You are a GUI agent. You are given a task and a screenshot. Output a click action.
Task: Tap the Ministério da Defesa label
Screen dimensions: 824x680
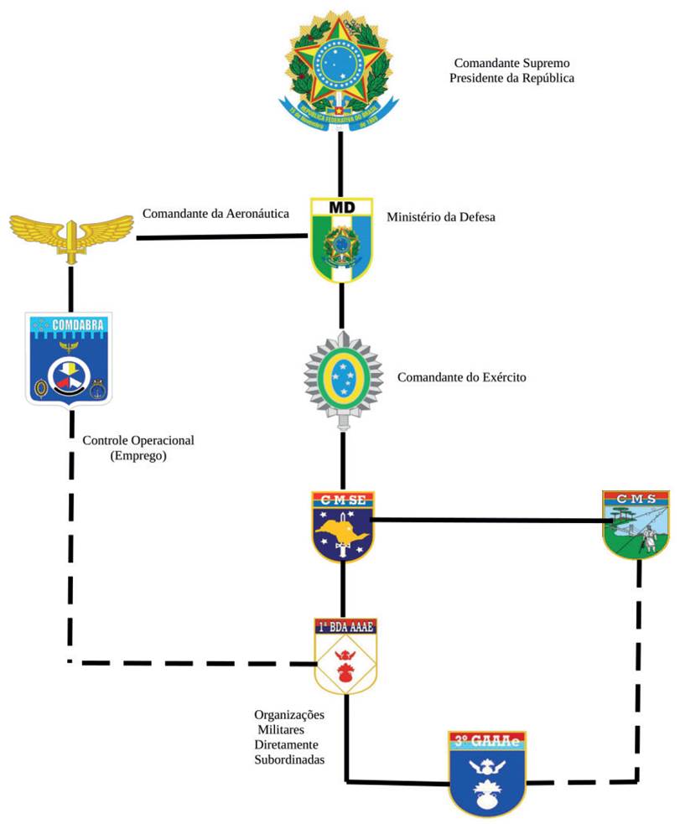pos(441,217)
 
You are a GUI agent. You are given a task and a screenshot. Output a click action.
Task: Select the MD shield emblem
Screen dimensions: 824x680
pos(341,239)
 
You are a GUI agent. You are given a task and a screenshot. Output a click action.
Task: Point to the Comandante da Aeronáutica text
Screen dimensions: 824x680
pos(215,214)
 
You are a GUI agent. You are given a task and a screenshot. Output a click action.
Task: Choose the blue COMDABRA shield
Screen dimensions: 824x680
pos(70,357)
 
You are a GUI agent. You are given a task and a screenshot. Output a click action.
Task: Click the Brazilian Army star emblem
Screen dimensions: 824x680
pos(342,379)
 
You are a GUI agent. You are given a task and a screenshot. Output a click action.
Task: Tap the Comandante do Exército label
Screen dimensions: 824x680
pos(461,378)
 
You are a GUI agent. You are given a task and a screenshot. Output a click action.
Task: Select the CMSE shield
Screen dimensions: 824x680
pos(342,526)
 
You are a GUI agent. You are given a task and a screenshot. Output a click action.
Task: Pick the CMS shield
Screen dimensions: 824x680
pos(636,524)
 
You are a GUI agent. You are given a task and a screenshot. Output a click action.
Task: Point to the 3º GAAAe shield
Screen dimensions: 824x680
pos(486,772)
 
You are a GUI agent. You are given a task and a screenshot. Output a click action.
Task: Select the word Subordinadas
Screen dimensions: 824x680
pos(289,759)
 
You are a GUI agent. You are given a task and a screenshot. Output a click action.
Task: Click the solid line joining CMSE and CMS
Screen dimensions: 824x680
pos(486,521)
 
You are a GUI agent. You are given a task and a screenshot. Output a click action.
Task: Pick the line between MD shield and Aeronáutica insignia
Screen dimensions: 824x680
pos(222,237)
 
